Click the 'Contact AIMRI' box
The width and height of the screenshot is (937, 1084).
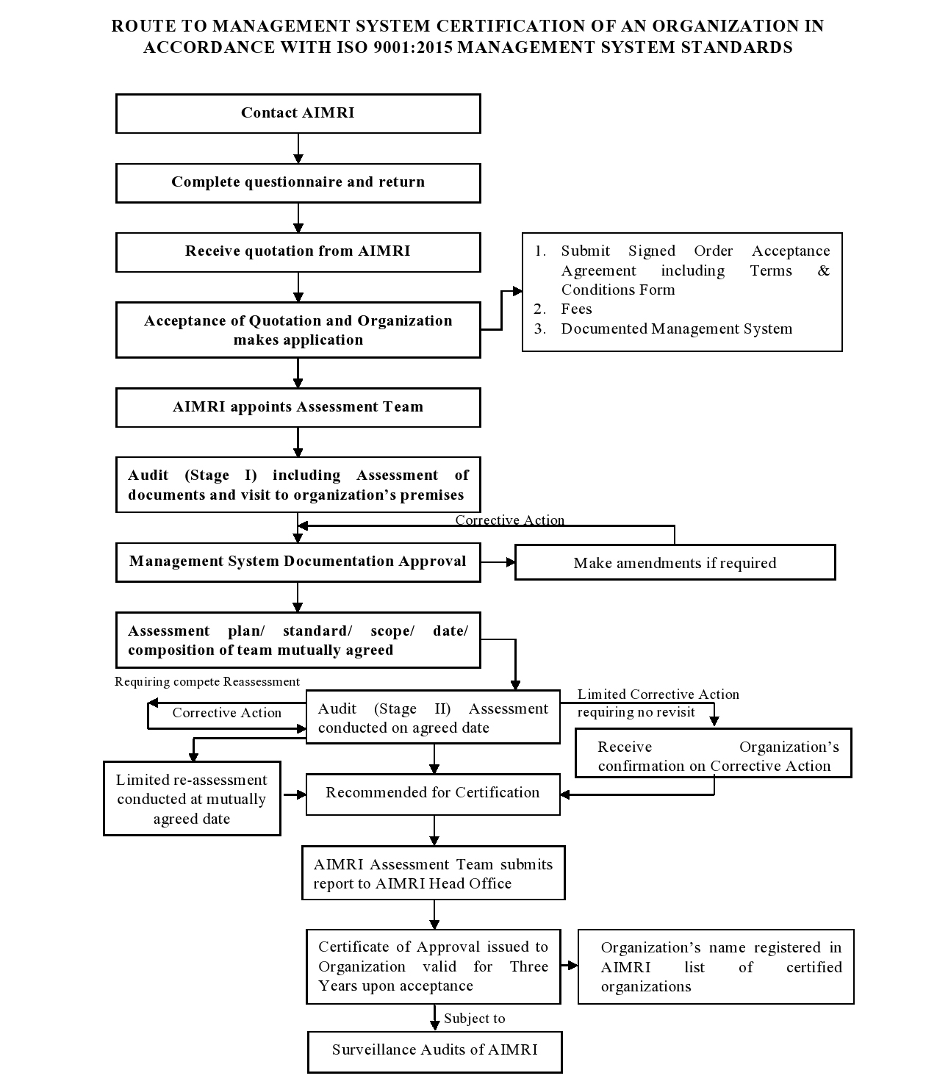pyautogui.click(x=298, y=113)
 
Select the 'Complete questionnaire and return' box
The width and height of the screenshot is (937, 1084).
pyautogui.click(x=298, y=182)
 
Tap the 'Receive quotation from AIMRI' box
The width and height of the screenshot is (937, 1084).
pyautogui.click(x=298, y=251)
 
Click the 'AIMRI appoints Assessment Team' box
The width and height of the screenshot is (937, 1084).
pyautogui.click(x=298, y=407)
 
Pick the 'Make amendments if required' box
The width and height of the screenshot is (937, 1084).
pyautogui.click(x=675, y=563)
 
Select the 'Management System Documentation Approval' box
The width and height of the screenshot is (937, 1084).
pyautogui.click(x=298, y=562)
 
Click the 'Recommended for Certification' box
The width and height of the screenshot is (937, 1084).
pyautogui.click(x=433, y=793)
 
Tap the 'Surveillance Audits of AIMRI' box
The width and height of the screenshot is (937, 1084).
pyautogui.click(x=434, y=1050)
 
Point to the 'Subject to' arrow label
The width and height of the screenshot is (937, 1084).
pyautogui.click(x=475, y=1019)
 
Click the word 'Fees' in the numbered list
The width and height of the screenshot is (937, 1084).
pyautogui.click(x=576, y=309)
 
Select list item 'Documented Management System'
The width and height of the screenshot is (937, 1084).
pyautogui.click(x=676, y=329)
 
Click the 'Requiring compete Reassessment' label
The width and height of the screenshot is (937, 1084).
pyautogui.click(x=207, y=682)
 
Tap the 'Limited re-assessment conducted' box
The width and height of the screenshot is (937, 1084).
pyautogui.click(x=192, y=799)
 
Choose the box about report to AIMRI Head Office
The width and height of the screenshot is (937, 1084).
pyautogui.click(x=433, y=874)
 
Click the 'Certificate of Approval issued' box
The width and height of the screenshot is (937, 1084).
pyautogui.click(x=433, y=966)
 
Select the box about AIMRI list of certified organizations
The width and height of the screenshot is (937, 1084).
pyautogui.click(x=716, y=966)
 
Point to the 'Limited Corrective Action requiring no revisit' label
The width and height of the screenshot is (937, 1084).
pyautogui.click(x=658, y=703)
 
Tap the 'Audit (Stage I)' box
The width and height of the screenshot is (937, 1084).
pyautogui.click(x=298, y=485)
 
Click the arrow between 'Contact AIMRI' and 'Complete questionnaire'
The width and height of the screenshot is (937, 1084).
pyautogui.click(x=298, y=148)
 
